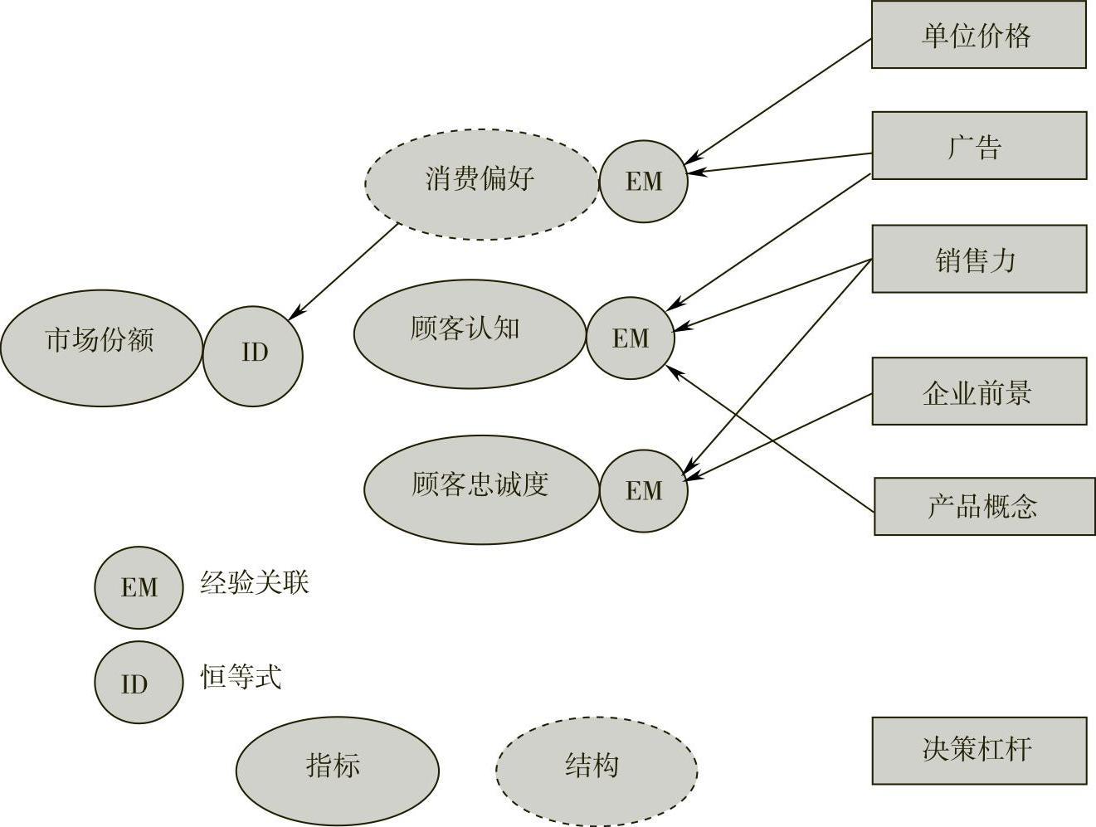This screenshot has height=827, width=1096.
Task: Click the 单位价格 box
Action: tap(978, 35)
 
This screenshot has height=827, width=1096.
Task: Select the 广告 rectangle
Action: tap(978, 146)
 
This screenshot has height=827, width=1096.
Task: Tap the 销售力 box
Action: tap(978, 259)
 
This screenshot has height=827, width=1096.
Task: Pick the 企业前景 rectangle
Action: tap(978, 392)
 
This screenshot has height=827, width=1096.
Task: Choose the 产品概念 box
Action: tap(984, 506)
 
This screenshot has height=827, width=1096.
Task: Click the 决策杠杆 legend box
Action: tap(978, 751)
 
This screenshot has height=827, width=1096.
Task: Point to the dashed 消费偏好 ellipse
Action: tap(480, 183)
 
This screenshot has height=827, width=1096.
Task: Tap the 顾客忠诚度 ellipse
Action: tap(481, 489)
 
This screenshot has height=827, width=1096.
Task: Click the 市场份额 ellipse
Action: tap(100, 348)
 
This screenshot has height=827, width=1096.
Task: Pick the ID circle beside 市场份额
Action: tap(253, 356)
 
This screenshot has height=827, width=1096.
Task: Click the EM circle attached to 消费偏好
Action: tap(644, 181)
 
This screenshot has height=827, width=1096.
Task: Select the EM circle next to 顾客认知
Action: tap(631, 338)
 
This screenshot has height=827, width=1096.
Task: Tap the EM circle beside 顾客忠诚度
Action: tap(644, 490)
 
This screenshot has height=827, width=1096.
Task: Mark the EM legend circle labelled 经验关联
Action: tap(139, 587)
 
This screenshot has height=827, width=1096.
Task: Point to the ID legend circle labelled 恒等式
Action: tap(138, 683)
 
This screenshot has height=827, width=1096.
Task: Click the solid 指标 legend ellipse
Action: tap(336, 771)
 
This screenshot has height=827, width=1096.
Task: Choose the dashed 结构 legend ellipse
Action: tap(596, 771)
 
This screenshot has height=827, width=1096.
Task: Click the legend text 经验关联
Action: tap(254, 582)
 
